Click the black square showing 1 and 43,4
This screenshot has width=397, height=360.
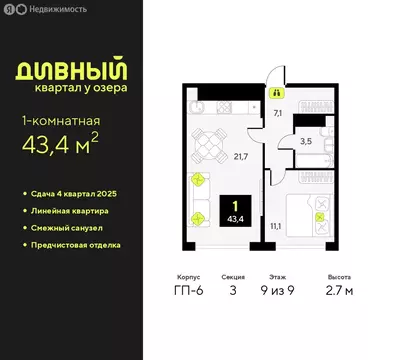click(238, 213)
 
